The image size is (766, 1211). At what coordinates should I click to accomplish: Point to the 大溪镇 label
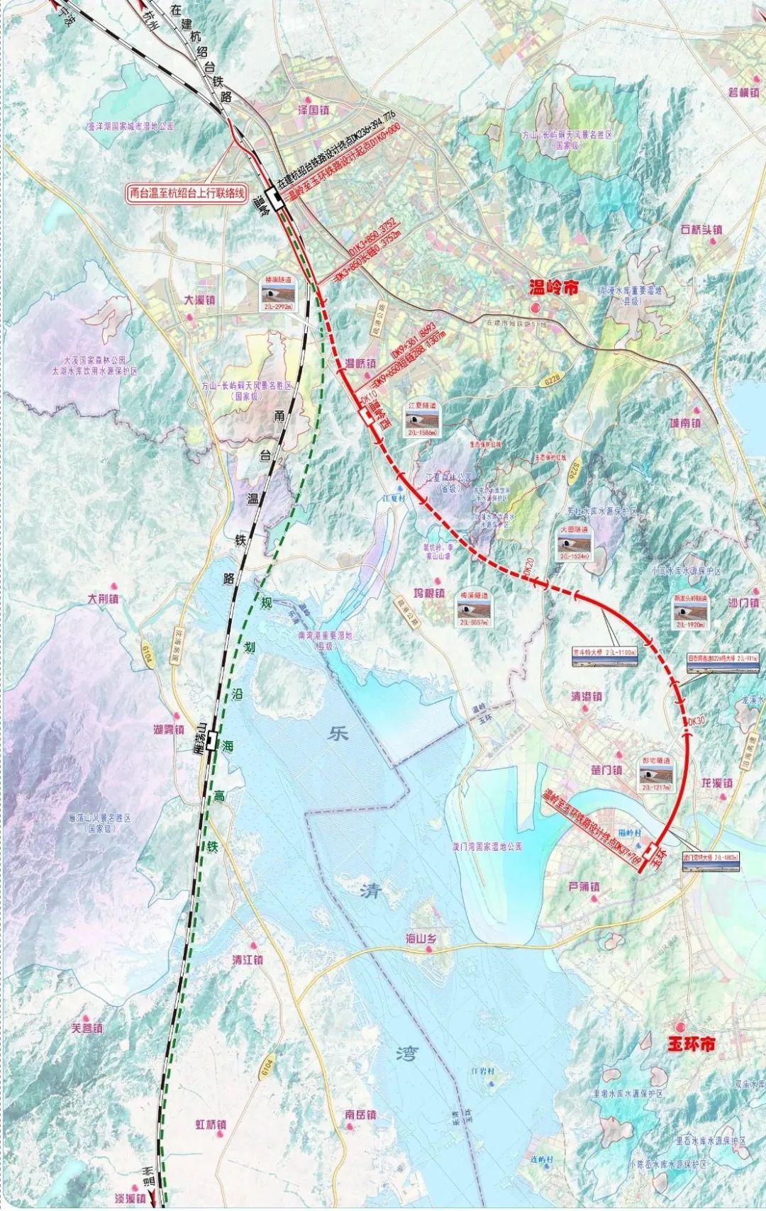point(199,300)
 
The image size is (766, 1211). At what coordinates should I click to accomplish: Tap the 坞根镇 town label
point(429,593)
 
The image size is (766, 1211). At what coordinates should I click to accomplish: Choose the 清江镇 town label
point(248,959)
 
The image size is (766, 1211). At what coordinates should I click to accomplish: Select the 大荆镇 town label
point(104,598)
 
